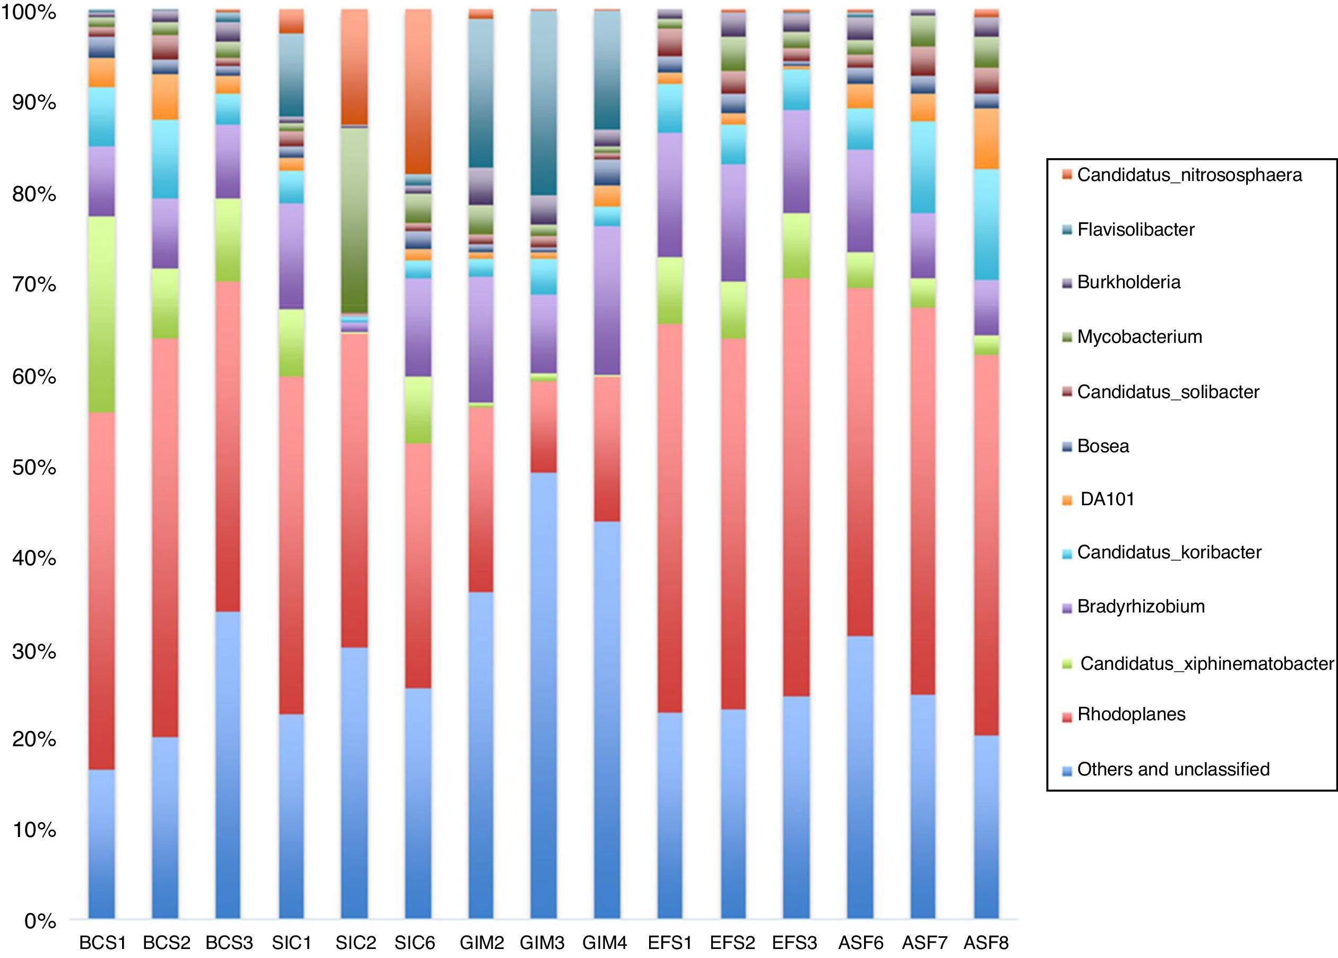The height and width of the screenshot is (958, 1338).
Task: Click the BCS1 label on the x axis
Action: coord(102,943)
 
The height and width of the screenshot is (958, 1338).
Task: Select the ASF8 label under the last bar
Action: coord(986,943)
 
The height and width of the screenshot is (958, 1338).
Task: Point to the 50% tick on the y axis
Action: coord(34,467)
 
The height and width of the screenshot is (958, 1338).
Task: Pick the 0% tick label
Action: coord(40,920)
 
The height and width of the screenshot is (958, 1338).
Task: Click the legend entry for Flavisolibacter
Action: coord(1135,229)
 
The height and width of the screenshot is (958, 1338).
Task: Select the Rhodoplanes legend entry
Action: coord(1131,714)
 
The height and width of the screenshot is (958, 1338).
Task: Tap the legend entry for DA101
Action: coord(1107,499)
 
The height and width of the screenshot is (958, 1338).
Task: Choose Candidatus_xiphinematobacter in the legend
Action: coord(1206,663)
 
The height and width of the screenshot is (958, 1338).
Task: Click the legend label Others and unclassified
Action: coord(1173,769)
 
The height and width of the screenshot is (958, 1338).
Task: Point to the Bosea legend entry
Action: coord(1102,445)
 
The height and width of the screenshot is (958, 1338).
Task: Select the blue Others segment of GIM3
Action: coord(543,696)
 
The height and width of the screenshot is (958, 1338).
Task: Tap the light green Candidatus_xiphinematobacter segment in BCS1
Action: coord(101,314)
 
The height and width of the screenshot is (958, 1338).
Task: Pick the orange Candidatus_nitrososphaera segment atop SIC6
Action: coord(418,91)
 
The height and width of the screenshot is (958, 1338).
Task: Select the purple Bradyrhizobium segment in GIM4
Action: coord(607,300)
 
